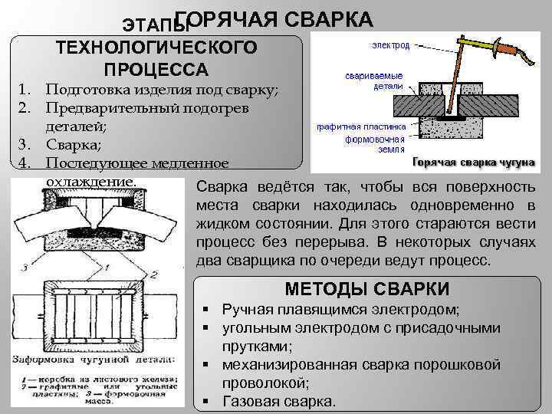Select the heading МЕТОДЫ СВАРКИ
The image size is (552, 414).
click(366, 289)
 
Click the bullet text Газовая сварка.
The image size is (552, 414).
click(278, 401)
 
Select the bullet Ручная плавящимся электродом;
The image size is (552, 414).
click(340, 310)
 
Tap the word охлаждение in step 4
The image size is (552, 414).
click(90, 181)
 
